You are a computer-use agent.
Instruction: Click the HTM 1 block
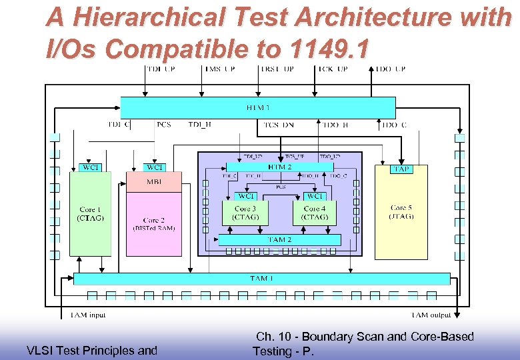257,107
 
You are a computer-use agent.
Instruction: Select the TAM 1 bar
261,279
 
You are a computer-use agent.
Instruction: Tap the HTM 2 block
279,167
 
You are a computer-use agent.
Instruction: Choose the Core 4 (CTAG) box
315,213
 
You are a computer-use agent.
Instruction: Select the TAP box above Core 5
401,169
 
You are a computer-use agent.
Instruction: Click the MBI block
153,182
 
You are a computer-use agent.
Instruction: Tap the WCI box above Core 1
90,167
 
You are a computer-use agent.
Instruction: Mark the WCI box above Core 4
315,196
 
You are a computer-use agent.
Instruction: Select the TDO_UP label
391,69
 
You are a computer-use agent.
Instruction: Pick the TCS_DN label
279,125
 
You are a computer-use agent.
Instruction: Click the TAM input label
88,315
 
